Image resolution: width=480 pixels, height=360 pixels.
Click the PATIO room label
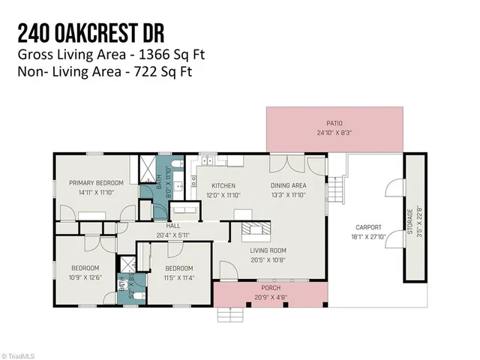(x=334, y=124)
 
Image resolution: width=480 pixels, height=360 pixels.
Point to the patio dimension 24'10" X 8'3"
(x=334, y=133)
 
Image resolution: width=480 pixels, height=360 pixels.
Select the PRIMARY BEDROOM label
(x=96, y=182)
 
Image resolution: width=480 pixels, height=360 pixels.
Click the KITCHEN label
(x=223, y=185)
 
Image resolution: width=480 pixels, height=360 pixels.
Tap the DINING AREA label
(x=289, y=185)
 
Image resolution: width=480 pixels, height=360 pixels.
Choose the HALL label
(x=173, y=225)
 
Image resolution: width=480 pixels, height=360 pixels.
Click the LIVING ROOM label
(x=268, y=250)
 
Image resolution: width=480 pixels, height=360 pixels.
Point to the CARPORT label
(x=368, y=227)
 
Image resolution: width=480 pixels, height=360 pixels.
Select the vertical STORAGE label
(x=409, y=222)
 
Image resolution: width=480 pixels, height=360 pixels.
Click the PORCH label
(x=270, y=287)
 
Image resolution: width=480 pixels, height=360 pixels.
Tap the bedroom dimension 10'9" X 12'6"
(x=85, y=277)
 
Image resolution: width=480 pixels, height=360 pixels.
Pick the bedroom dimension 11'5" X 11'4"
(x=179, y=277)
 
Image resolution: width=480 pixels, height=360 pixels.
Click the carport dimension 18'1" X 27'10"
(x=368, y=236)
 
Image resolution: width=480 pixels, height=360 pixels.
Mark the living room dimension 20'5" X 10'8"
(x=268, y=259)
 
